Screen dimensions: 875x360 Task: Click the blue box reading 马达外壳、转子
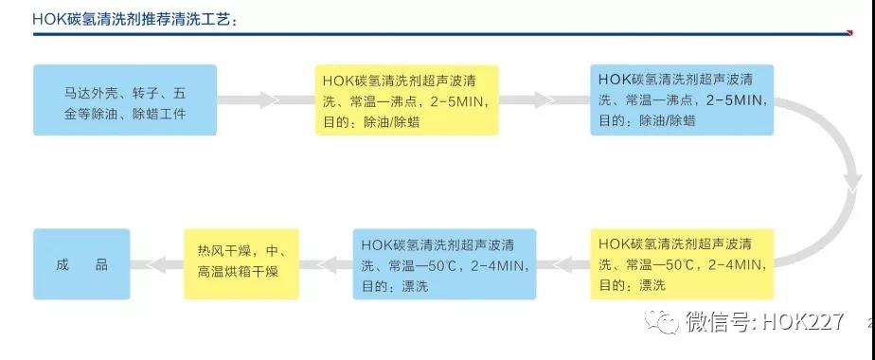[125, 99]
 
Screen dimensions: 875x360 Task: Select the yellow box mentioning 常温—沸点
[406, 99]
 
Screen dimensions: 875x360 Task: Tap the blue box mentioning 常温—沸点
[681, 99]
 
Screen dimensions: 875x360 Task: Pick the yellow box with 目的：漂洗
[681, 263]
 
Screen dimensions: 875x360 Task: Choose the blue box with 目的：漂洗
[444, 263]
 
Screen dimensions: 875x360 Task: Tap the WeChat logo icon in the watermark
[661, 322]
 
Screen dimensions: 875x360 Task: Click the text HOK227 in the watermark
[810, 322]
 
